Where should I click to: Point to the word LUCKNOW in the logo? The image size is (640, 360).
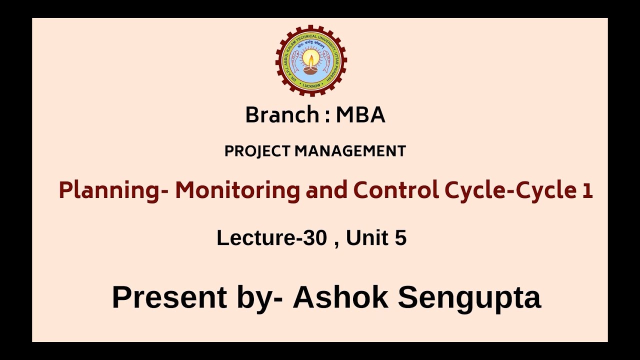311,85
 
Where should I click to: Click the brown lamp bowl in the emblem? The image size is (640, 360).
311,70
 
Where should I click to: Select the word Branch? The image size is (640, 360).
282,115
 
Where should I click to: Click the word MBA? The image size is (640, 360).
360,115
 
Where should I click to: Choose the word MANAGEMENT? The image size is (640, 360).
350,151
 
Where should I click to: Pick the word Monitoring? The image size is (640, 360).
237,190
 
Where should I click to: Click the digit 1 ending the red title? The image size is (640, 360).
587,190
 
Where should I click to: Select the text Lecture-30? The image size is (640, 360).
271,238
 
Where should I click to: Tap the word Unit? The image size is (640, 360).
367,238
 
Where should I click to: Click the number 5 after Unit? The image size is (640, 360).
400,238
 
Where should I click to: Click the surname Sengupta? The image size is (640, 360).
469,298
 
